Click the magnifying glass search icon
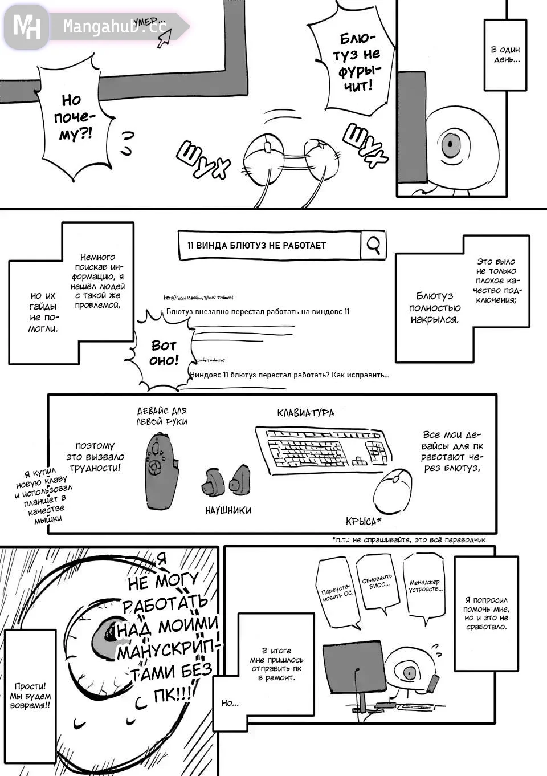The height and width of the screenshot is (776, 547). click(x=374, y=245)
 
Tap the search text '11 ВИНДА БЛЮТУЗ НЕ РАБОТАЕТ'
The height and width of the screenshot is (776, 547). click(x=256, y=246)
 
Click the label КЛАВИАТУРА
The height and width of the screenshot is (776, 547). click(x=305, y=413)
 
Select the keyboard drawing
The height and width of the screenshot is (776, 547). click(x=324, y=449)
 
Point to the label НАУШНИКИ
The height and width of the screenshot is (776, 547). click(x=228, y=510)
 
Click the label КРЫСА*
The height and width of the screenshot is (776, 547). click(x=364, y=521)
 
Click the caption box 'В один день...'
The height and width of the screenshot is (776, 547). click(x=505, y=54)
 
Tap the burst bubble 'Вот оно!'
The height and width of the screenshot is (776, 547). click(x=164, y=354)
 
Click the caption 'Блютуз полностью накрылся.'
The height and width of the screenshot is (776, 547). click(x=434, y=308)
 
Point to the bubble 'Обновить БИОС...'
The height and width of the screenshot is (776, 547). click(x=377, y=583)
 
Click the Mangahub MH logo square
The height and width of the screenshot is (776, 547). click(x=26, y=26)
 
